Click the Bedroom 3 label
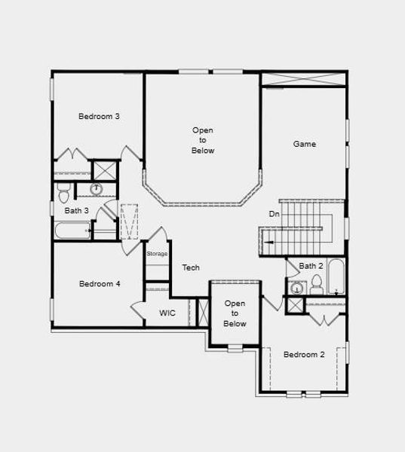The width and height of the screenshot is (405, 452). (100, 116)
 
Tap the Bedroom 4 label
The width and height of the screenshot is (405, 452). (100, 284)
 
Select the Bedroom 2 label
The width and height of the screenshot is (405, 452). (304, 354)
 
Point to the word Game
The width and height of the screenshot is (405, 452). (305, 144)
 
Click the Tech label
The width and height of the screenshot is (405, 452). (191, 267)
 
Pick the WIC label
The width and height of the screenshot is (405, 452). (167, 313)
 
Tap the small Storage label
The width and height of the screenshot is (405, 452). (157, 254)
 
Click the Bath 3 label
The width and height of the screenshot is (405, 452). (76, 211)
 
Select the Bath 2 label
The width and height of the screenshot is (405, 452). (311, 266)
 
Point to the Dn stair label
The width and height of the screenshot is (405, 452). (275, 214)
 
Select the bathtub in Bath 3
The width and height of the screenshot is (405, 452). (72, 230)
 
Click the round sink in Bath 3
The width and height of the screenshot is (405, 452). (97, 188)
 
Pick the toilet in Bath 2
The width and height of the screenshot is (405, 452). (317, 285)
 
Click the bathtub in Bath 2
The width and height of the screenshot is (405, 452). (336, 277)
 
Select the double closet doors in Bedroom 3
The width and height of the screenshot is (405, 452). (73, 154)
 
